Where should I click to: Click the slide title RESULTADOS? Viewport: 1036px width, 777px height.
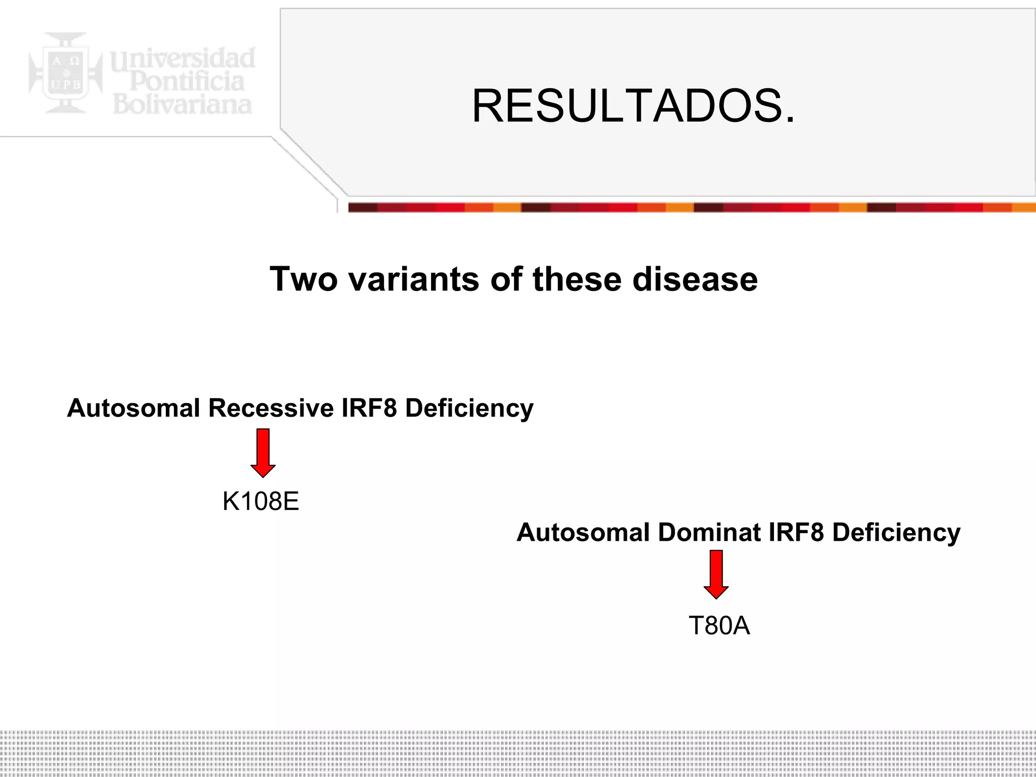tap(633, 106)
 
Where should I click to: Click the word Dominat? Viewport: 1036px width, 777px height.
tap(709, 532)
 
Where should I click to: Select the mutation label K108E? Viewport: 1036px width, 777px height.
tap(261, 501)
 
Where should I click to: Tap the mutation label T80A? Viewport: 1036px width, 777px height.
tap(719, 626)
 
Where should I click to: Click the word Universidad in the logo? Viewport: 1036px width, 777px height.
tap(183, 59)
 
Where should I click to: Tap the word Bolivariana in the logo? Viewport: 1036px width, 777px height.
tap(182, 104)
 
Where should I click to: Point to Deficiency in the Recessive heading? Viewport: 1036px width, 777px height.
tap(469, 408)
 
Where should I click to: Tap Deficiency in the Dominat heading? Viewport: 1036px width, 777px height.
tap(896, 532)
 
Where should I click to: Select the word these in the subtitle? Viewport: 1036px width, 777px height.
tap(577, 279)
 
